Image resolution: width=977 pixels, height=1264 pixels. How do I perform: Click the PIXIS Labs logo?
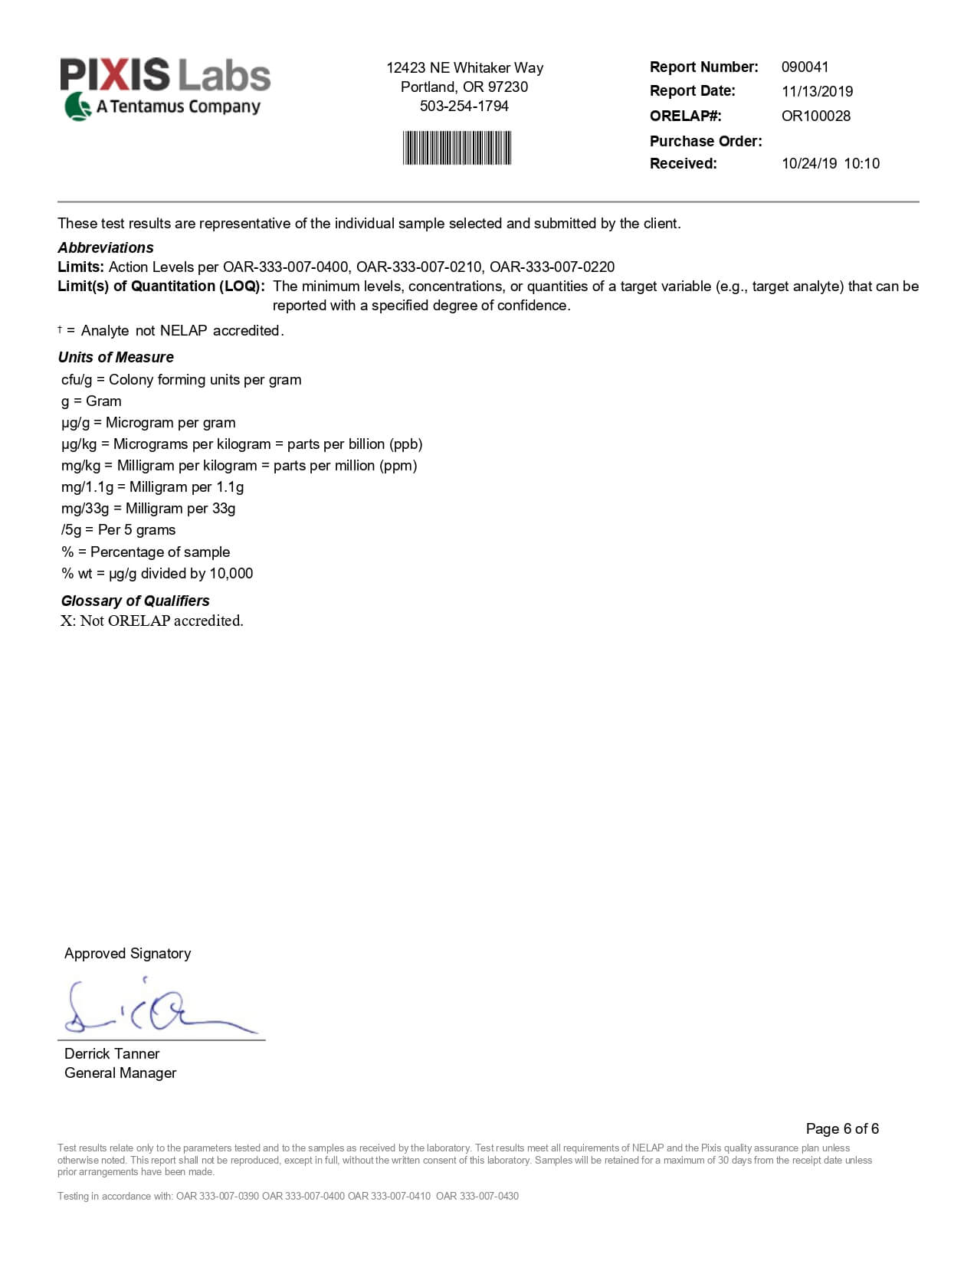tap(165, 88)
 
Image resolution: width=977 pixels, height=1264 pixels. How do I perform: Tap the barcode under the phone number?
tap(457, 148)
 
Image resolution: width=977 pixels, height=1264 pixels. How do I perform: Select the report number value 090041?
tap(805, 67)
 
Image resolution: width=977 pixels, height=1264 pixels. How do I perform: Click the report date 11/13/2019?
tap(817, 92)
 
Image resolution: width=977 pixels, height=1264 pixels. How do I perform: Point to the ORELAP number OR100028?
tap(815, 116)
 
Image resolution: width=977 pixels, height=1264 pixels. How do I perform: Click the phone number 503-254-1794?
tap(464, 106)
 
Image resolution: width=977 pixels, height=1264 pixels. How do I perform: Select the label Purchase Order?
tap(706, 141)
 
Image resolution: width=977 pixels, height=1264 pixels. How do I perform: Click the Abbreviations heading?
tap(106, 247)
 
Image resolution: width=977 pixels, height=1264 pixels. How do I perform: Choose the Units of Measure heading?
tap(116, 357)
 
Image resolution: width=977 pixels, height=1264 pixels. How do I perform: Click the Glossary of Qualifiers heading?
tap(135, 601)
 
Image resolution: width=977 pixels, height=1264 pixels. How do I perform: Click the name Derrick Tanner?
tap(112, 1053)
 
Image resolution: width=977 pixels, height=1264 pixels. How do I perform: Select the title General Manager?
tap(120, 1072)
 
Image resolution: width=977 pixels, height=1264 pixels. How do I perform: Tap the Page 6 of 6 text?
tap(842, 1128)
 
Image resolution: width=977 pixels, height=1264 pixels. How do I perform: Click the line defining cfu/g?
tap(181, 379)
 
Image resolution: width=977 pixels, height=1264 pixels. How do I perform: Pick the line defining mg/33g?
tap(148, 508)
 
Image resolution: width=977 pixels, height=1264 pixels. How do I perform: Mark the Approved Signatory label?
tap(127, 953)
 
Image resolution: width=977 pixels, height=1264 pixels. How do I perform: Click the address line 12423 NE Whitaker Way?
tap(464, 67)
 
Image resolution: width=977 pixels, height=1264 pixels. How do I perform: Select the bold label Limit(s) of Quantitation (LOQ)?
tap(161, 286)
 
